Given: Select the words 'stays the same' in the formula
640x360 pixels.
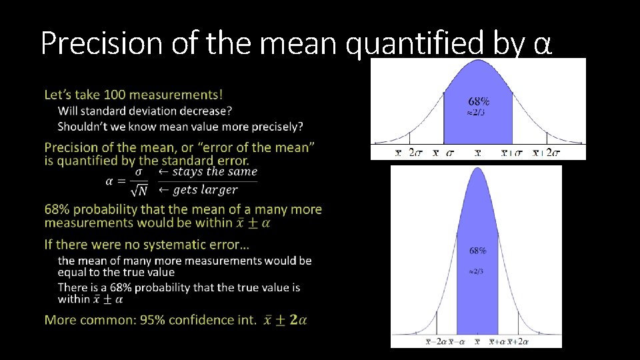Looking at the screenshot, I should (x=214, y=171).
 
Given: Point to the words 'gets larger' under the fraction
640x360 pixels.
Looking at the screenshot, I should (x=205, y=190).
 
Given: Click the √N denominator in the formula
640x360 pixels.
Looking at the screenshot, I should (x=139, y=191).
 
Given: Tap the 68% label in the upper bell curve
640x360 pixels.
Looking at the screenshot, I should (x=479, y=101).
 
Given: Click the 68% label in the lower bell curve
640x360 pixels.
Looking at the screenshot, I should (x=477, y=251).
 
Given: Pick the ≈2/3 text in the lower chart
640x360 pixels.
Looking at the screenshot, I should (x=476, y=271).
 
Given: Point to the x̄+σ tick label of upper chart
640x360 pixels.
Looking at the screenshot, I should (x=512, y=153).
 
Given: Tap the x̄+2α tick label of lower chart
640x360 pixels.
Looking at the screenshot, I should (x=518, y=342).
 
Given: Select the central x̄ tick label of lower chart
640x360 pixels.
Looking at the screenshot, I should (x=477, y=342).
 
